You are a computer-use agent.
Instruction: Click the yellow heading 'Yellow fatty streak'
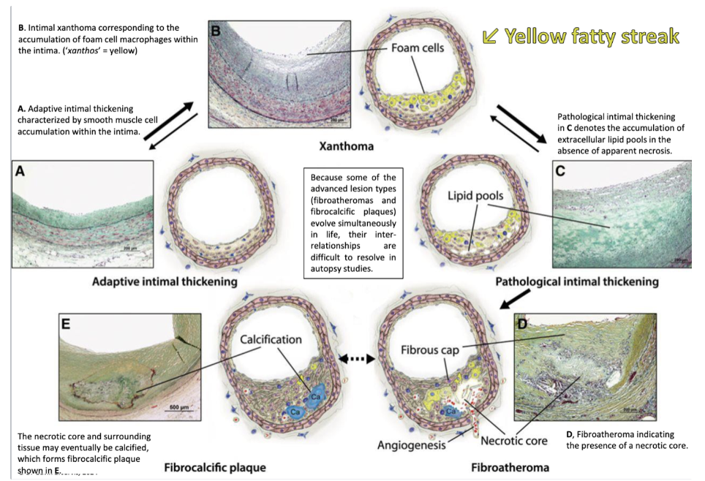tap(592, 37)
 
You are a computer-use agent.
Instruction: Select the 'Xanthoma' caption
tap(346, 146)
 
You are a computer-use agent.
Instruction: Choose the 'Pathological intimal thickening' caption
tap(577, 281)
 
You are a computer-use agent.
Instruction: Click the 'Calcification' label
tap(271, 339)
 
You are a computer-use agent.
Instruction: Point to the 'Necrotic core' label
tap(514, 441)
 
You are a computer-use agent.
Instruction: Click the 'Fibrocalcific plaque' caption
tap(214, 466)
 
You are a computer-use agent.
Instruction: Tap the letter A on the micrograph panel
tap(21, 171)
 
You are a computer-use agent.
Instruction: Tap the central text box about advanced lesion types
tap(354, 223)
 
